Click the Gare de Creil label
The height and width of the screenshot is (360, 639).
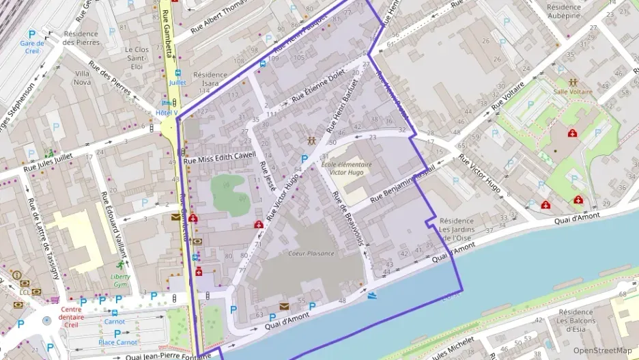pos(31,47)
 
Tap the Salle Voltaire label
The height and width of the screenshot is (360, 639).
pos(572,91)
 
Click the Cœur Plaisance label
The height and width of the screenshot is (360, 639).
pos(311,253)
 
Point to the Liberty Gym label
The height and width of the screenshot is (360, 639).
pos(120,280)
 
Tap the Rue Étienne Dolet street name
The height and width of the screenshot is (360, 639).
pos(318,89)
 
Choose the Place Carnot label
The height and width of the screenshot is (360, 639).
pos(117,342)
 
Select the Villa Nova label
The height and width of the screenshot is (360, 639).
pos(82,77)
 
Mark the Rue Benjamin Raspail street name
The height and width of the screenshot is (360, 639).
pos(403,186)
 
